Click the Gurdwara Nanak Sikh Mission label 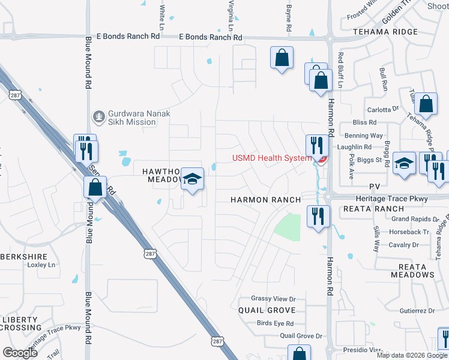(131, 118)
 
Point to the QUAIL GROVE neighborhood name (267, 310)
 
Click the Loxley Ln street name (41, 265)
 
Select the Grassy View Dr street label (274, 299)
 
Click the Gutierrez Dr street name (417, 311)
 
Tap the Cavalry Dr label (403, 245)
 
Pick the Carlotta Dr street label (383, 109)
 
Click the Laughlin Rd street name (355, 147)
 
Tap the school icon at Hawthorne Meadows (192, 179)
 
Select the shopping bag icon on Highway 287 (95, 187)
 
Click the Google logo (20, 353)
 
